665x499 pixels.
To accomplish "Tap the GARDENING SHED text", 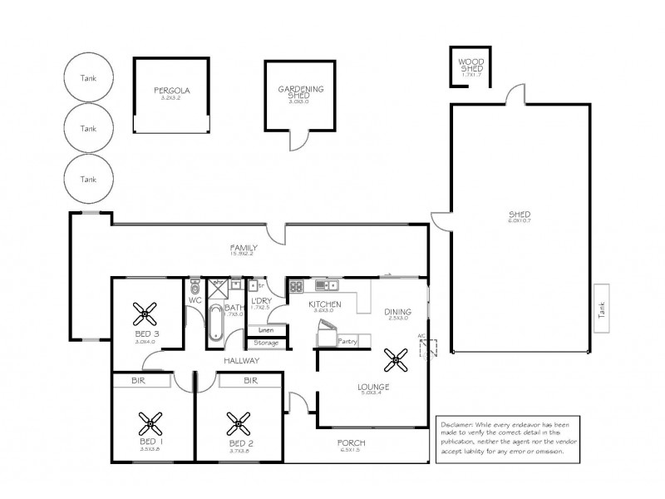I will coord(300,93).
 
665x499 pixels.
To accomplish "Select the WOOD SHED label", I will coord(471,66).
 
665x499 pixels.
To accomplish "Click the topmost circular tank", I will coord(88,78).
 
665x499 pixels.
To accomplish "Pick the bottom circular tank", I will coord(88,179).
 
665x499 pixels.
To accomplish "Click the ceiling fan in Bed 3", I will coord(146,314).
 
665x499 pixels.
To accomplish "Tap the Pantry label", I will coord(347,340).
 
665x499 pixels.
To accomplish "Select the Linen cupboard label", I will coord(266,330).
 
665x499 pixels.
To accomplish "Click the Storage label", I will coord(266,342).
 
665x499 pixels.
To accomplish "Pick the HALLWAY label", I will coord(242,361).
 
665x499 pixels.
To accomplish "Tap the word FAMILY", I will coord(244,248).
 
